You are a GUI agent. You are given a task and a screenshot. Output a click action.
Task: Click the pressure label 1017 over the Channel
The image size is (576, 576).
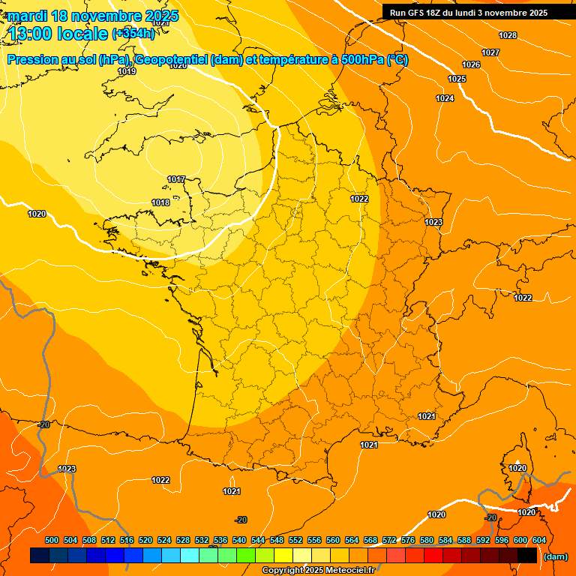coord(177,179)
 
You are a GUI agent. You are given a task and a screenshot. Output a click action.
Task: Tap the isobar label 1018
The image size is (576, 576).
coord(160,203)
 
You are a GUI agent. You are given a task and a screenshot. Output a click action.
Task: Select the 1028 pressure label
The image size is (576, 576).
coord(508,35)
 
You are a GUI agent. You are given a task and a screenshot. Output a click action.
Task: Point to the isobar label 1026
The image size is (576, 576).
coord(471,65)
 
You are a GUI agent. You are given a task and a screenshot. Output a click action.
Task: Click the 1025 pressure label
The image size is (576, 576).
coord(457,79)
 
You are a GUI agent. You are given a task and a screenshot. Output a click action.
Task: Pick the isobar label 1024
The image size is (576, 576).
coord(445,98)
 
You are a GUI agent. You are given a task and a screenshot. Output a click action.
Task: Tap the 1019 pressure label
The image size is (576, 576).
coord(127,72)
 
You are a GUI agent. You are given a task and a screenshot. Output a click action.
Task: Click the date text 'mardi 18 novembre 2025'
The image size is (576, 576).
coord(93,16)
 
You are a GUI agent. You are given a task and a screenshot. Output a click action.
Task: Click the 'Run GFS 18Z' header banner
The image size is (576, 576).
coord(469,13)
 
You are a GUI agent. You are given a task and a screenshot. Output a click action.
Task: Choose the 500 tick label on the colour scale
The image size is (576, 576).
coord(52,540)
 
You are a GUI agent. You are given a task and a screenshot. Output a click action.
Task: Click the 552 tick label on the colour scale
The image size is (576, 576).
coord(295,540)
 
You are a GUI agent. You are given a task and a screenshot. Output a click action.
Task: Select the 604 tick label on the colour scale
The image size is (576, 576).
coord(539,540)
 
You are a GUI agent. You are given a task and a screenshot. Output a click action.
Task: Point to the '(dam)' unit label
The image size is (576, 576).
coord(555,556)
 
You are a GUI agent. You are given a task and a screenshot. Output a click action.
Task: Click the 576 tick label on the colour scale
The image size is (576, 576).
coord(408,540)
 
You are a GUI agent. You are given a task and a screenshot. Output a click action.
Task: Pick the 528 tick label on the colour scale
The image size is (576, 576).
coord(183,540)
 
